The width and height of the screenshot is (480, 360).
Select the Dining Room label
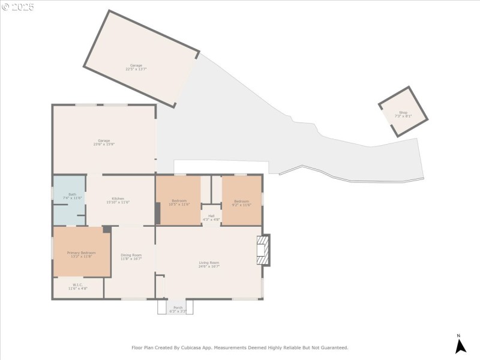tap(131, 257)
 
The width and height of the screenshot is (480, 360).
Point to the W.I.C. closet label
tap(77, 287)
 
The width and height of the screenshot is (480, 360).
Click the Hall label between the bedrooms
tap(211, 217)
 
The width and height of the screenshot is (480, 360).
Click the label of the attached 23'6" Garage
tap(104, 142)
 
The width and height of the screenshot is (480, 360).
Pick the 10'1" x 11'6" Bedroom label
tap(179, 202)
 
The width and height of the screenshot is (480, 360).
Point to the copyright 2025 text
tap(18, 7)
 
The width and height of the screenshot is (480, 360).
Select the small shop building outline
tap(403, 112)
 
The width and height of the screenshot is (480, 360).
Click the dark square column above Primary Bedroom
tap(107, 229)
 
